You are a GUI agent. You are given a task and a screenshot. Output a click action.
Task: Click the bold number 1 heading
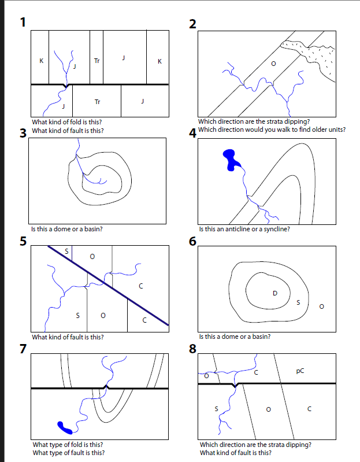23,22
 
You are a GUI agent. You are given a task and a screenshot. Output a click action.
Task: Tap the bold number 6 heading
192,241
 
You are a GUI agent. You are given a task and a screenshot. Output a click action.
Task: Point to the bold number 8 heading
192,349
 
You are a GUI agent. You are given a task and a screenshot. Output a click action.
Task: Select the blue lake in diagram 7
65,428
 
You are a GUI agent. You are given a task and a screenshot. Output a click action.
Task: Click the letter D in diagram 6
275,293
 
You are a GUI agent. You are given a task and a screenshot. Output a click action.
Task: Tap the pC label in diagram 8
300,371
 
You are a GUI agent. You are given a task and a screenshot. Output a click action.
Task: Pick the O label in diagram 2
273,64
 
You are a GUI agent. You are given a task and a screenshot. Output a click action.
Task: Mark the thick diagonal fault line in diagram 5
108,286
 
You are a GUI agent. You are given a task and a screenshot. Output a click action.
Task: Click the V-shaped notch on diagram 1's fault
66,86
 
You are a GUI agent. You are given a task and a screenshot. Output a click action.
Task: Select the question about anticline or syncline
244,229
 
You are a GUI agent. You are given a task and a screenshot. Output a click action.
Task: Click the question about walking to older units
272,130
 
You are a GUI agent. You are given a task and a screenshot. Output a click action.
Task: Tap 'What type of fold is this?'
68,444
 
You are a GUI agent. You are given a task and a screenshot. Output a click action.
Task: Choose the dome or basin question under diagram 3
67,229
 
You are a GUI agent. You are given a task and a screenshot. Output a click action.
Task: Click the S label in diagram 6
298,302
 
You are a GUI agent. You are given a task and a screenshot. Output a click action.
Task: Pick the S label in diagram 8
216,409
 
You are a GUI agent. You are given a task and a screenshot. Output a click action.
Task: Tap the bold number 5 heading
23,241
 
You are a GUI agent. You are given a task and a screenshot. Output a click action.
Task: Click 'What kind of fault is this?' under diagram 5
68,337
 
